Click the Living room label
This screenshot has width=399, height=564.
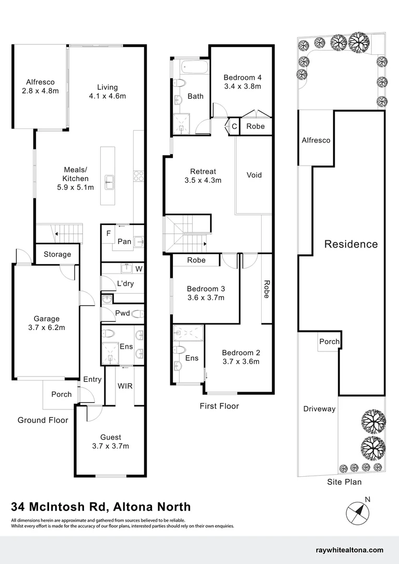(107, 92)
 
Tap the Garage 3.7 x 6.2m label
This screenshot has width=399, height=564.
(46, 323)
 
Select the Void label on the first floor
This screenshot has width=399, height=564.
(254, 175)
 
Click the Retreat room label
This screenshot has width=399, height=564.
(203, 176)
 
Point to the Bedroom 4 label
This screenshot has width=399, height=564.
(242, 81)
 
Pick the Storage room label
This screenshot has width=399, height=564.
(57, 254)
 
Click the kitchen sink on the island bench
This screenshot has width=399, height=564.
(108, 182)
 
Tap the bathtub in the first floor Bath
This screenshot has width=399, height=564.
(195, 68)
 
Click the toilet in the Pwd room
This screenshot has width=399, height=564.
(138, 314)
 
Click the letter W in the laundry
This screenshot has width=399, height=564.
(139, 269)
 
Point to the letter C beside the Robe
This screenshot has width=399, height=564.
(234, 126)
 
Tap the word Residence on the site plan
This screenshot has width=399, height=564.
(351, 244)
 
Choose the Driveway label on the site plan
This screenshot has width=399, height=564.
(319, 409)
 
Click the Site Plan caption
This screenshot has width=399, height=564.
(344, 482)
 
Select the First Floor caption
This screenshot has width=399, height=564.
(219, 406)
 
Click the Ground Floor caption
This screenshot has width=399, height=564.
(43, 420)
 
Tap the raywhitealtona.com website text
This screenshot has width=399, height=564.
(349, 550)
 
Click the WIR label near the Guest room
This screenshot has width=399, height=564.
(125, 386)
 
